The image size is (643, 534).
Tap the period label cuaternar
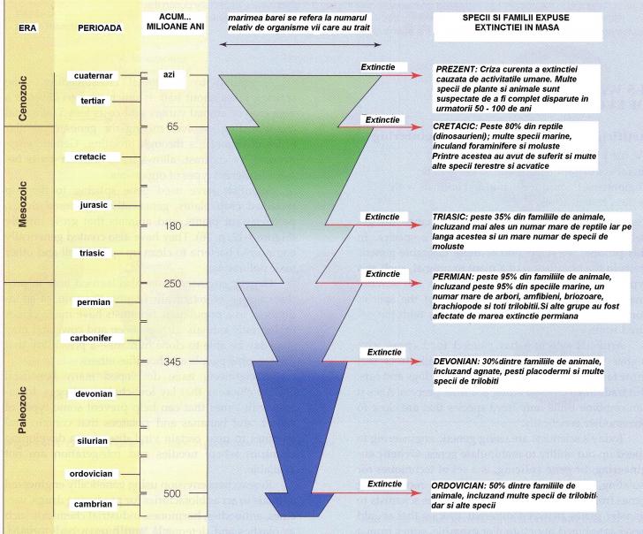click(x=97, y=76)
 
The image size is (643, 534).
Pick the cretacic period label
click(x=96, y=157)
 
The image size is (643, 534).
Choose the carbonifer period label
click(x=97, y=338)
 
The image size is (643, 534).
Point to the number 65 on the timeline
click(x=171, y=126)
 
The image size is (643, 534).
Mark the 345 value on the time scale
click(x=171, y=362)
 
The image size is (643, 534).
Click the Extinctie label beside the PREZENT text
click(x=382, y=67)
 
